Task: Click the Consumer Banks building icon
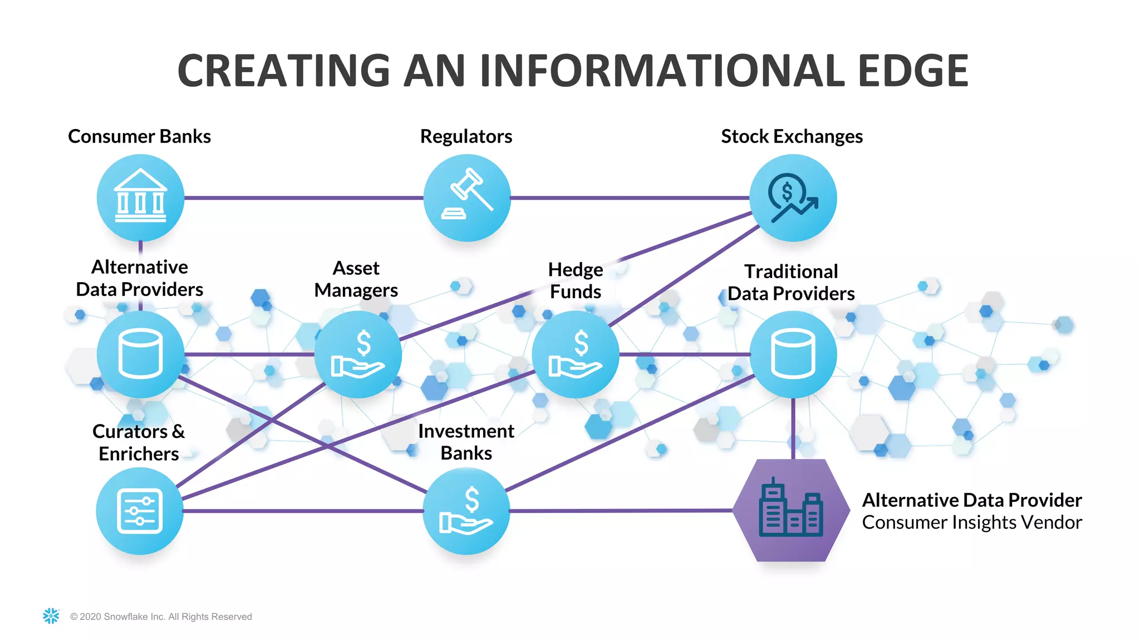140,198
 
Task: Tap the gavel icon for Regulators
467,198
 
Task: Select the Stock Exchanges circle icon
793,198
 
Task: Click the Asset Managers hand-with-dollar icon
358,354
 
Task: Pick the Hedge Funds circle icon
576,354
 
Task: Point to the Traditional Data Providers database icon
793,354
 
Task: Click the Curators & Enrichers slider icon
140,511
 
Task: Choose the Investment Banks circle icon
466,511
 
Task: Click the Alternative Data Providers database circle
140,354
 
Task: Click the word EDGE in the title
913,71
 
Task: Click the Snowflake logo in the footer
51,615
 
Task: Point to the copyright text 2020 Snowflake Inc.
161,617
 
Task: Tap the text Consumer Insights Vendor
971,522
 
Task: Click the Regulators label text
466,136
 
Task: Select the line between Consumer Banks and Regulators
303,198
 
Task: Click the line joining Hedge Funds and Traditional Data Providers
685,354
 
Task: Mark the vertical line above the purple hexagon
793,428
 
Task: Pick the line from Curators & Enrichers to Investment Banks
303,511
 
